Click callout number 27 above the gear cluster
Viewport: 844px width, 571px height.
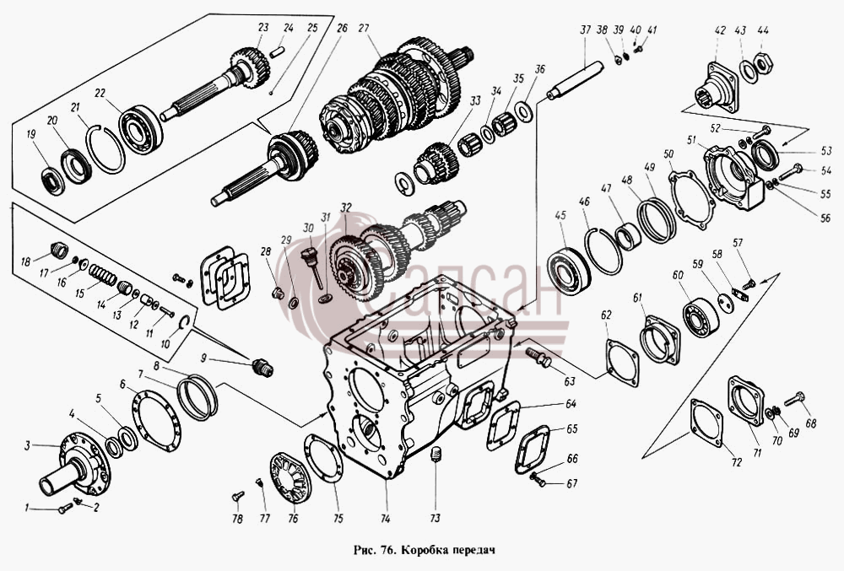coord(364,28)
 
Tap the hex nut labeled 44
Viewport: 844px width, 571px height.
coord(764,63)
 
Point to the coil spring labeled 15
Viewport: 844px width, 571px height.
coord(103,274)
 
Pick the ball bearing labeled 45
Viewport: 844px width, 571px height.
coord(568,270)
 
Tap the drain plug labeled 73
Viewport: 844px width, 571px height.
coord(436,454)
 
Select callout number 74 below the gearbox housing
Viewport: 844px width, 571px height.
coord(385,519)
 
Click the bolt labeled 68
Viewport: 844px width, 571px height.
coord(794,399)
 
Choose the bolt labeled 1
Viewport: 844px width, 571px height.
coord(65,508)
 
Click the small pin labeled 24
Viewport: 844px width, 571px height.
coord(277,51)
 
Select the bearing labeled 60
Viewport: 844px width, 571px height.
coord(701,318)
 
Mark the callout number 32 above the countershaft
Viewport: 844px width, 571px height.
coord(345,207)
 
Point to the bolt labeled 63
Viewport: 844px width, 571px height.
coord(538,358)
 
